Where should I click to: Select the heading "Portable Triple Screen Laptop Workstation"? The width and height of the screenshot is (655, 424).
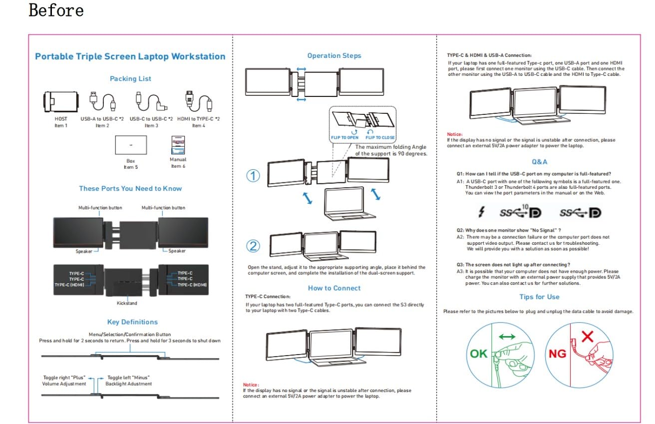(x=130, y=56)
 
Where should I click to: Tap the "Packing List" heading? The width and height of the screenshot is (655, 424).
(x=130, y=78)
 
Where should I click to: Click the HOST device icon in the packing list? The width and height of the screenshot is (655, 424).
(x=60, y=102)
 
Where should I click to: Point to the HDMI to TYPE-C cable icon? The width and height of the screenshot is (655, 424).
(x=198, y=102)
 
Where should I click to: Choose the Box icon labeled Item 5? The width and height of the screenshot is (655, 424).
(x=130, y=145)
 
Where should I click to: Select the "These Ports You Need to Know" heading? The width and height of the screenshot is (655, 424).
(x=130, y=188)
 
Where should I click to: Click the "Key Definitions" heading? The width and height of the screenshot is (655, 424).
(x=132, y=322)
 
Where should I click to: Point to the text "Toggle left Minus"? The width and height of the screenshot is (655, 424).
(x=129, y=377)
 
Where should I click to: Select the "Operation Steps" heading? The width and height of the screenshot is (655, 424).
(x=334, y=56)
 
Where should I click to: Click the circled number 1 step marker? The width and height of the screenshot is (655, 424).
(x=254, y=176)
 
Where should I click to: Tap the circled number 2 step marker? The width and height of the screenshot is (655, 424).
(x=254, y=246)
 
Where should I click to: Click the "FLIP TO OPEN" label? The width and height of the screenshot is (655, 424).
(x=344, y=137)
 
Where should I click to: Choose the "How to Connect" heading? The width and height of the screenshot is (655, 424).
(x=334, y=288)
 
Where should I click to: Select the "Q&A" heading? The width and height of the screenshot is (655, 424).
(x=539, y=162)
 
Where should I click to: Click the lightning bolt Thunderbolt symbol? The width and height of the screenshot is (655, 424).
(x=481, y=212)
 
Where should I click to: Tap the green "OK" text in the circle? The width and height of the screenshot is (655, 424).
(x=478, y=354)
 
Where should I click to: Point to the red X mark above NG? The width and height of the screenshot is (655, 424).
(x=587, y=336)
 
